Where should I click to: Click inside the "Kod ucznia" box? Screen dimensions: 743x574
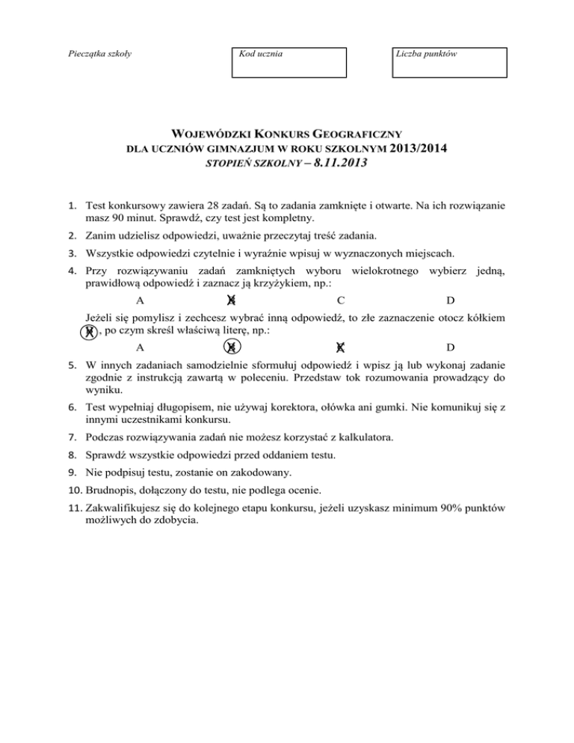coord(289,63)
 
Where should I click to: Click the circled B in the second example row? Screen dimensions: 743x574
coord(232,348)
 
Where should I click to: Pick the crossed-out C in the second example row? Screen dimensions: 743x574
coord(340,348)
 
